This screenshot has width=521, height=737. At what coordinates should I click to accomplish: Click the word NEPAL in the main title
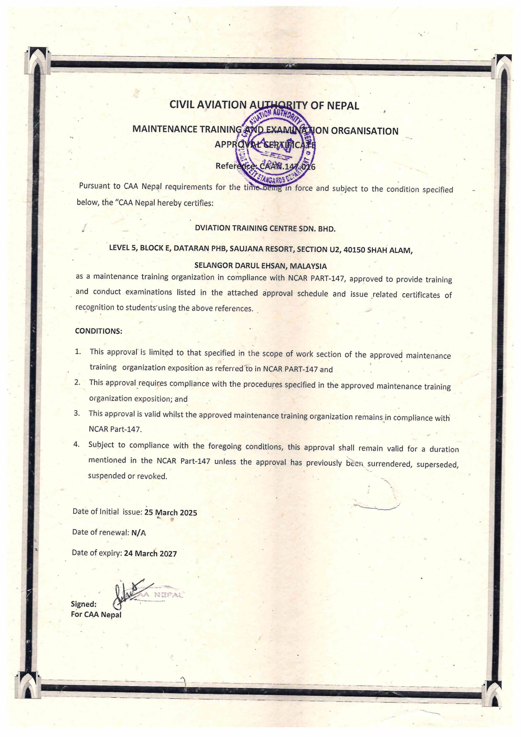click(343, 106)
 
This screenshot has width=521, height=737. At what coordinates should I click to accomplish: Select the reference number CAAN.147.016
click(287, 167)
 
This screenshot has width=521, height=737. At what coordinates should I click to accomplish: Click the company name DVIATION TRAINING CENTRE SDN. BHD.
click(265, 229)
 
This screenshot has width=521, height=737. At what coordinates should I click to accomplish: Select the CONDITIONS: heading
click(98, 331)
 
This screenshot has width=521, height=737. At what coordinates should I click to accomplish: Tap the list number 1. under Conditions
click(78, 352)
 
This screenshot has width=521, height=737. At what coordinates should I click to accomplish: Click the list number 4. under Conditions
click(76, 445)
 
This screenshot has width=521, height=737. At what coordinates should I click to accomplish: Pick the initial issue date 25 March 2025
click(170, 513)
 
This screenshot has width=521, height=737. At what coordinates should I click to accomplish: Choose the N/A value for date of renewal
click(138, 533)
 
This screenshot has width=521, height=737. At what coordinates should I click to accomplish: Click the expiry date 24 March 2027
click(150, 554)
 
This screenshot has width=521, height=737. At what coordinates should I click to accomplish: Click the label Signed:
click(83, 604)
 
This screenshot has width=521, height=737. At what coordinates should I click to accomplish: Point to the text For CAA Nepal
click(96, 615)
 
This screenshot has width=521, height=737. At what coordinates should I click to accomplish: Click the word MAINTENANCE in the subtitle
click(165, 129)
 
